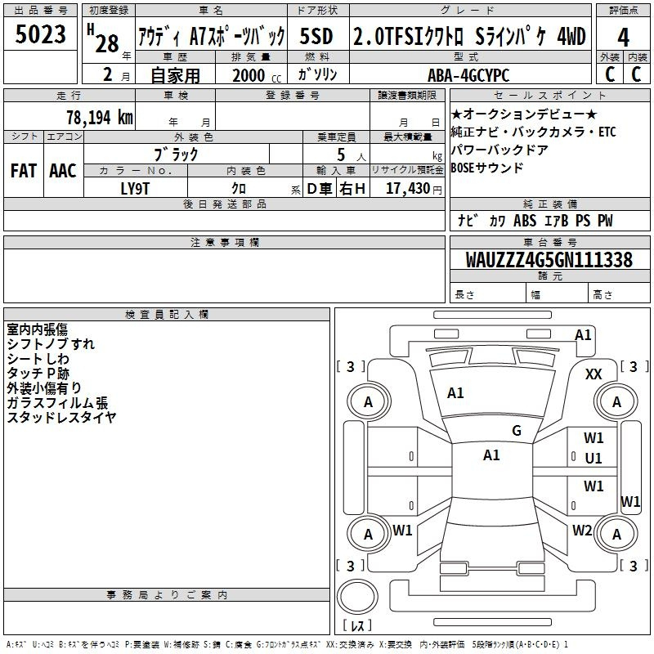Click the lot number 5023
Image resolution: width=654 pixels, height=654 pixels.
coord(40,35)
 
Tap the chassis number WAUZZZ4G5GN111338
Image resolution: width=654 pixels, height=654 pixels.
coord(549,260)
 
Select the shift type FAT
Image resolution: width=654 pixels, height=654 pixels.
coord(23,171)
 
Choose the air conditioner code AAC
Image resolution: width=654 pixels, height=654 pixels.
coord(63,171)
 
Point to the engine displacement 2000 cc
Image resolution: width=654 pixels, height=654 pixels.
coord(253,75)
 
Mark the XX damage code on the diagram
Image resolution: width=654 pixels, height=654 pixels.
coord(594,374)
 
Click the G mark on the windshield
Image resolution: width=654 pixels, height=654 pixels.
coord(517,431)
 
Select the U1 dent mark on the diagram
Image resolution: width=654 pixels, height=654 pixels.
coord(594,459)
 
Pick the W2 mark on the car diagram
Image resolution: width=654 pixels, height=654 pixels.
coord(582,530)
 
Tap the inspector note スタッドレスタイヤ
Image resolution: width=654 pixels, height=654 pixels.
coord(61,418)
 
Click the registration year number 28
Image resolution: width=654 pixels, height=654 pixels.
coord(107,43)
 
